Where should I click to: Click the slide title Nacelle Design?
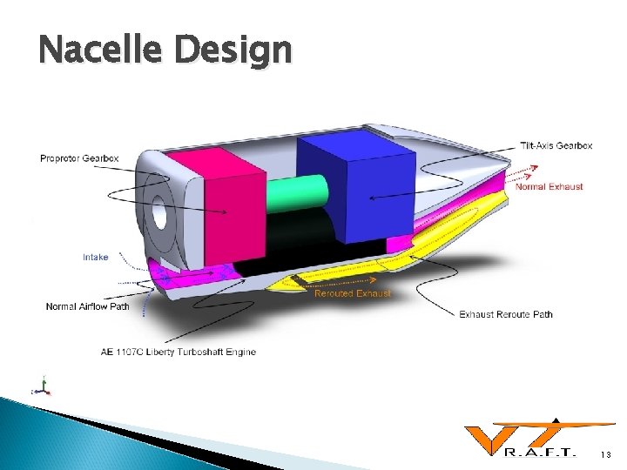coord(165,50)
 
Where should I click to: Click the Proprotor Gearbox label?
coord(79,158)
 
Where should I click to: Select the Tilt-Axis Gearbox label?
coord(556,145)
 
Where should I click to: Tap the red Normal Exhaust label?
coord(549,186)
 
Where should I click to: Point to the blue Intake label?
coord(96,257)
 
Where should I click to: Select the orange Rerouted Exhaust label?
coord(353,293)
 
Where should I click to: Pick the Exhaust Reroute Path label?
coord(505,314)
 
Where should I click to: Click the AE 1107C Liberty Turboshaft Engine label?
coord(179,352)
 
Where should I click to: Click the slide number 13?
coord(606,454)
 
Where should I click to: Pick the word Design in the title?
coord(233,50)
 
